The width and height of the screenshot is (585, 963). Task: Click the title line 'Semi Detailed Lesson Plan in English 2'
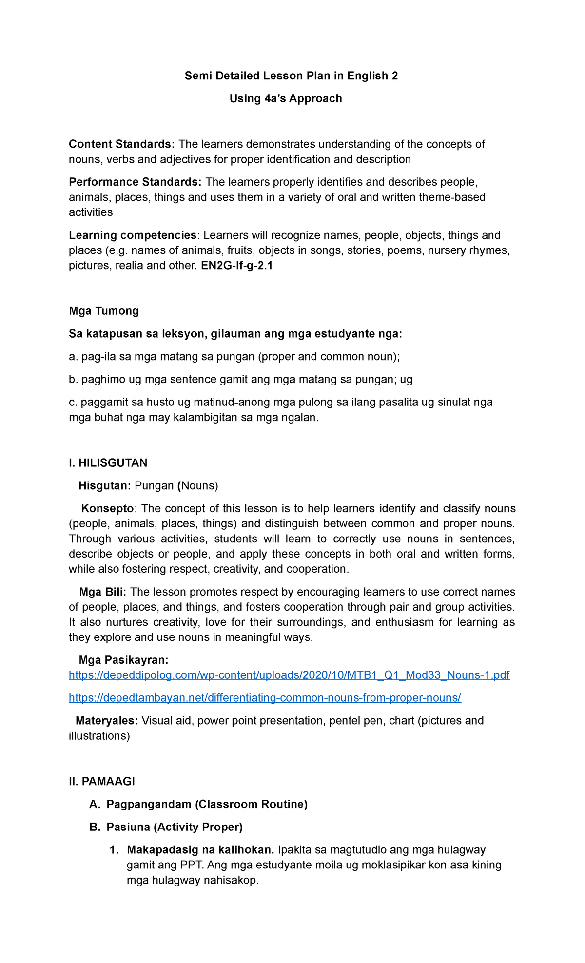(x=291, y=76)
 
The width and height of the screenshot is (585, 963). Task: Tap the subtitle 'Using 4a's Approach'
(x=286, y=99)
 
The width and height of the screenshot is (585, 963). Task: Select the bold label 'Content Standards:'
(x=121, y=144)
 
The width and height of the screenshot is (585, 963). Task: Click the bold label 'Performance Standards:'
(x=135, y=182)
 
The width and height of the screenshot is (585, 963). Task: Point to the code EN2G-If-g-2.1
(x=236, y=266)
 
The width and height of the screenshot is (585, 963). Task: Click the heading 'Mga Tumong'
(x=104, y=311)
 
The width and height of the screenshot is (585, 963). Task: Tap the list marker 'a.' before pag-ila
(x=73, y=357)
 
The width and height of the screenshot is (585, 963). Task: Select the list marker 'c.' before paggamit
(x=73, y=403)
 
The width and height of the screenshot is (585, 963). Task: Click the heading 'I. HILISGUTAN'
(x=108, y=463)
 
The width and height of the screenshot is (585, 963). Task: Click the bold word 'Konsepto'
(x=107, y=509)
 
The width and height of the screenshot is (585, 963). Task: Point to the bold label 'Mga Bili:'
(x=102, y=592)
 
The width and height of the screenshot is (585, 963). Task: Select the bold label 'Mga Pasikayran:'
(x=123, y=660)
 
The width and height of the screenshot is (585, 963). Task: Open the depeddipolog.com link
(x=289, y=675)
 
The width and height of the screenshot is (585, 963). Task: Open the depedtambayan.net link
(x=265, y=698)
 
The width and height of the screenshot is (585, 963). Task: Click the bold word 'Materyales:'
(x=107, y=721)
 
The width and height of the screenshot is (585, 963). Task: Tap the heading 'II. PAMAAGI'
(x=102, y=782)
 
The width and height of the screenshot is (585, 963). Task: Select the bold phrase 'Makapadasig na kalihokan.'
(x=200, y=850)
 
